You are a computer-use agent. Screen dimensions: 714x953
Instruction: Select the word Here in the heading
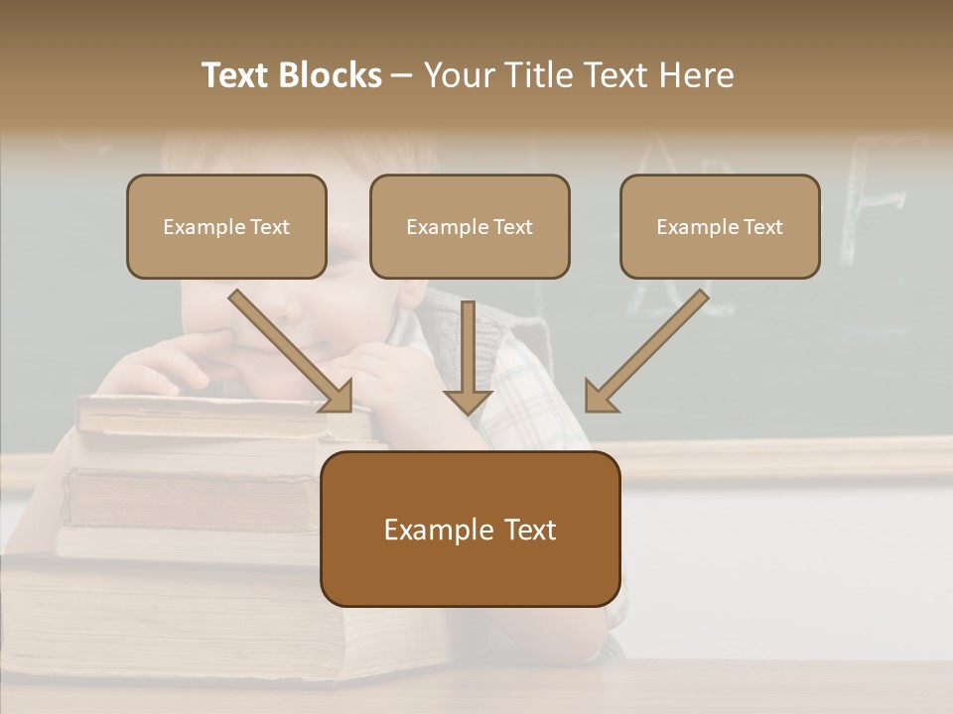[696, 75]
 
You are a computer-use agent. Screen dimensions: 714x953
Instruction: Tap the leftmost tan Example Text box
[226, 226]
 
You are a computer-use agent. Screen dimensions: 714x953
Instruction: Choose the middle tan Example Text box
[470, 226]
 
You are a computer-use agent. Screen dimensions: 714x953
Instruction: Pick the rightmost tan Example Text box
[720, 226]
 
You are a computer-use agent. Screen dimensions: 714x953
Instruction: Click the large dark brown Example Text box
[470, 529]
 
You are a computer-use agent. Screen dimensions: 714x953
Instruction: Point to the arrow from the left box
[288, 349]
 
